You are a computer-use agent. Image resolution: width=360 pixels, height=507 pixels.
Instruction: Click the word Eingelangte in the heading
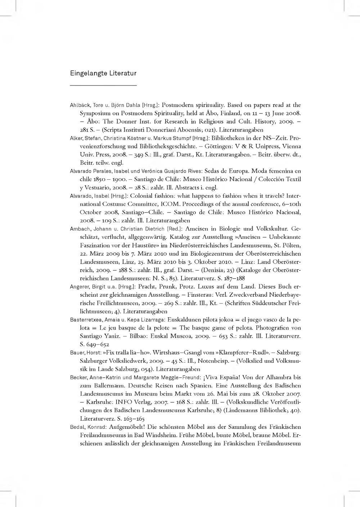(85, 73)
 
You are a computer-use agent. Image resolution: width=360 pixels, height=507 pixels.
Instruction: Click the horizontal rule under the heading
(103, 85)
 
